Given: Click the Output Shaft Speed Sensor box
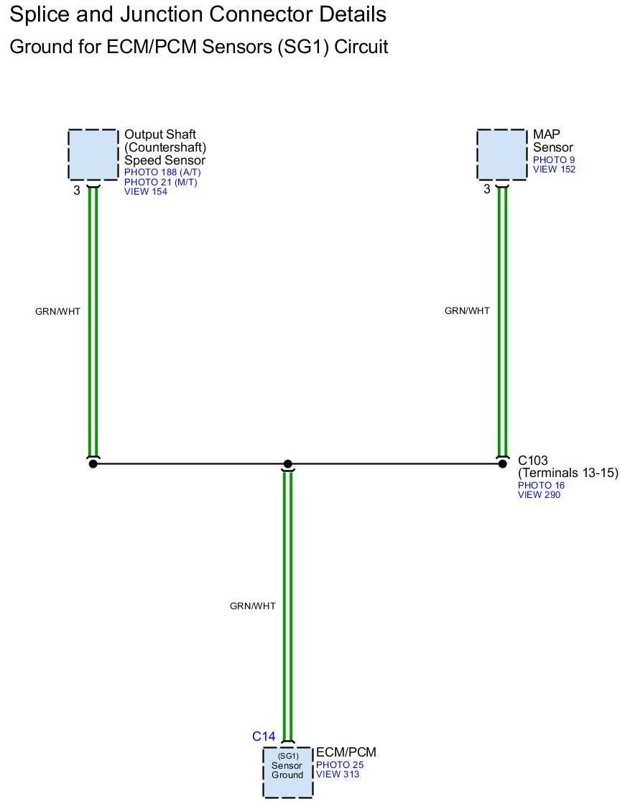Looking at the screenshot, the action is (93, 154).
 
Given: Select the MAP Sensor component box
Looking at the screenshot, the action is (502, 154).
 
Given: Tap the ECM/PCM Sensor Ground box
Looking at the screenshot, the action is (287, 772).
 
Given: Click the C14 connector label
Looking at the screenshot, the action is (264, 736).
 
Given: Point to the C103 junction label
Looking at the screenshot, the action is (532, 461).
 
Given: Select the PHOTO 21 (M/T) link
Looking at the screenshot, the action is (160, 182).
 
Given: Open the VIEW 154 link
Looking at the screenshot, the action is (146, 191).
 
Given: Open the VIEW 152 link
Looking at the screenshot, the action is (554, 170).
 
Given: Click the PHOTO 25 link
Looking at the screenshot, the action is (339, 765).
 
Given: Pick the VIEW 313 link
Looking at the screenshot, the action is (338, 775).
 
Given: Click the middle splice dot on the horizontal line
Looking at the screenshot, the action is (287, 464).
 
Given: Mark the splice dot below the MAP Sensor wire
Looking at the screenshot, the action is (502, 464).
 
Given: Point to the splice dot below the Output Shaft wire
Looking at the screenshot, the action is (93, 464).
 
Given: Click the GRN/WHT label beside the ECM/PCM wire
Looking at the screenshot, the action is (252, 606).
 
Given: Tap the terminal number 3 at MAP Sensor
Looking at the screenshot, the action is (486, 190).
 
